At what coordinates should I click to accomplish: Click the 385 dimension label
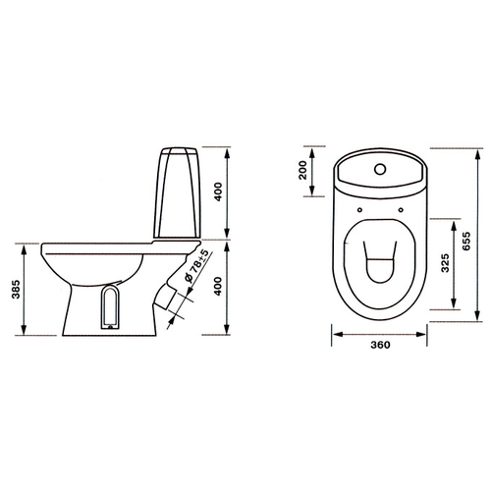(x=16, y=290)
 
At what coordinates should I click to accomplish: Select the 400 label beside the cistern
(x=218, y=191)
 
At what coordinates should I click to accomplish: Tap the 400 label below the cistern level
(x=218, y=287)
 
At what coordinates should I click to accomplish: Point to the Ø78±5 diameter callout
(x=196, y=265)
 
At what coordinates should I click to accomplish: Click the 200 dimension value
(x=303, y=170)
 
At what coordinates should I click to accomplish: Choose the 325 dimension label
(x=445, y=263)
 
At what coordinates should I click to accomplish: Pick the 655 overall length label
(x=466, y=241)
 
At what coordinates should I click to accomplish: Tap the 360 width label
(x=380, y=345)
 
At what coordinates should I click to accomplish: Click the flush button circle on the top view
(x=380, y=169)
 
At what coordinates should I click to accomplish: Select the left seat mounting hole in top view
(x=359, y=210)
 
